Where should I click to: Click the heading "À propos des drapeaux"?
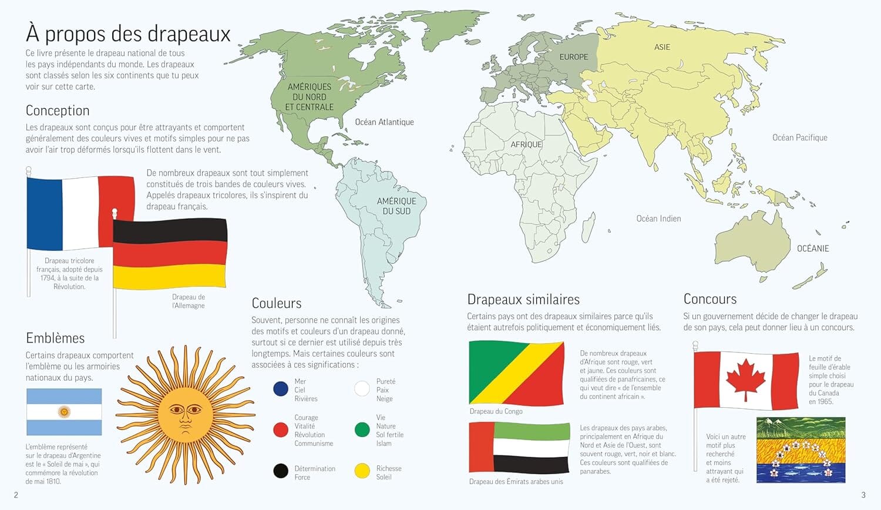tap(128, 33)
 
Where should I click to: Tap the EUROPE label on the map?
tap(573, 57)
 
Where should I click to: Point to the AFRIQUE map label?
tap(526, 145)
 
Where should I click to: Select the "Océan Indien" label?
tap(658, 219)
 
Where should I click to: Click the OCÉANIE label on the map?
tap(813, 249)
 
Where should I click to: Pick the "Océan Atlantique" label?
tap(384, 122)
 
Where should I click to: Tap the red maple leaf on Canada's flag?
tap(746, 378)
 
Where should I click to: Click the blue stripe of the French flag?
tap(45, 212)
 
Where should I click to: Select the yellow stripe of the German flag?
tap(170, 276)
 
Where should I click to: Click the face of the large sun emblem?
tap(185, 414)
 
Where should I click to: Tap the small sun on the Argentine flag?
tap(64, 412)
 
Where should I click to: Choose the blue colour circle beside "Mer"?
tap(281, 389)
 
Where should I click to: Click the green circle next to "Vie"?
tap(362, 430)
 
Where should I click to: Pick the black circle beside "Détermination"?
tap(281, 471)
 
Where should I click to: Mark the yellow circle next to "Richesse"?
tap(362, 471)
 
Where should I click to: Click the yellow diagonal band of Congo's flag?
tap(517, 374)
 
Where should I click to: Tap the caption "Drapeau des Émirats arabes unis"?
tap(516, 482)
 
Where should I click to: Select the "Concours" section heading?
tap(709, 299)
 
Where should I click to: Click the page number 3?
tap(863, 495)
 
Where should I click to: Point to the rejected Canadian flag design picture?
tap(801, 450)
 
